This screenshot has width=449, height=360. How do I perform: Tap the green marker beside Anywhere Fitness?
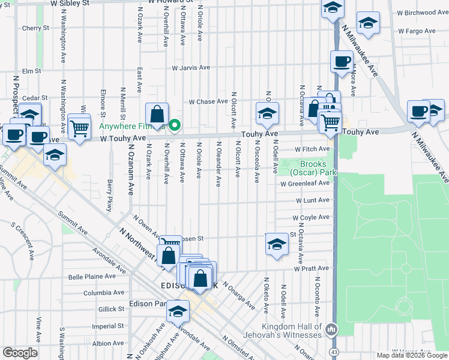point(175,125)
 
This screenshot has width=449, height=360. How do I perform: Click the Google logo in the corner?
point(20,353)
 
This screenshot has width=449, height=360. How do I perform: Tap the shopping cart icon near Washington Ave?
point(79,127)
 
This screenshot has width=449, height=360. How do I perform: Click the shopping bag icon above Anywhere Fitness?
point(156,113)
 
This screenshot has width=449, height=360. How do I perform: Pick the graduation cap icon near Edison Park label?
point(178,311)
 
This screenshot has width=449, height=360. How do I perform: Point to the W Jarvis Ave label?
point(191,68)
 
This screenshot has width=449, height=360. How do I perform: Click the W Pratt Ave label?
point(312,268)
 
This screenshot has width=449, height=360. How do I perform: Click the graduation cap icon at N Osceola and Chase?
point(267,112)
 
